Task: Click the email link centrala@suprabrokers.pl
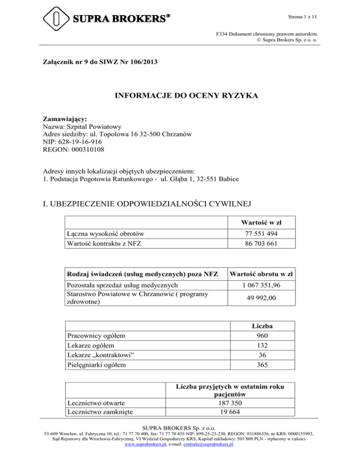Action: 208,444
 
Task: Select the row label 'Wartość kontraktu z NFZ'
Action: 105,244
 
